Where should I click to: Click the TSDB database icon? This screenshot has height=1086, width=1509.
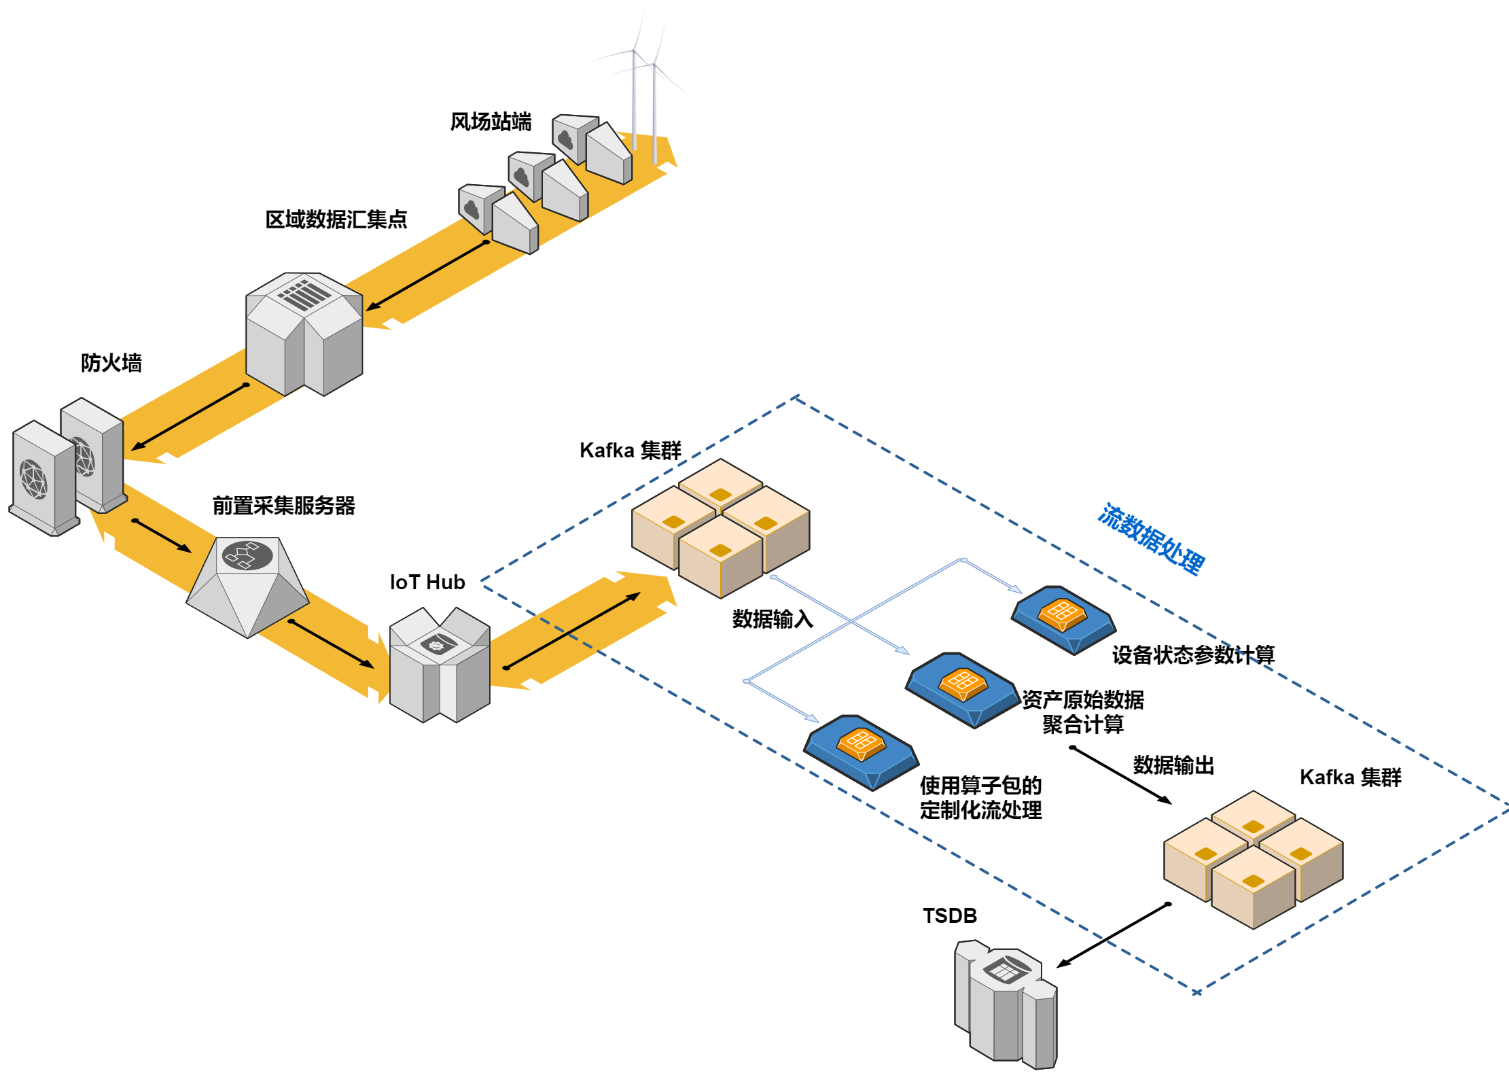click(x=1006, y=1006)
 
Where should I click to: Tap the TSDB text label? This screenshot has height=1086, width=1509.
click(x=949, y=915)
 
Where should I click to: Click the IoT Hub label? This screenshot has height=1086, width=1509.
click(x=427, y=582)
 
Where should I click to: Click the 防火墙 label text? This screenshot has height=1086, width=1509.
click(x=111, y=362)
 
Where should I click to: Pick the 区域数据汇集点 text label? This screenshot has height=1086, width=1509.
click(x=336, y=219)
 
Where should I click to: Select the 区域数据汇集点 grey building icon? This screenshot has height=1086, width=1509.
click(x=304, y=333)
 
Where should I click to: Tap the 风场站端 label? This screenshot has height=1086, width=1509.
click(x=491, y=122)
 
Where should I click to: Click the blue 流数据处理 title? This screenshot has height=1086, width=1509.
click(x=1151, y=539)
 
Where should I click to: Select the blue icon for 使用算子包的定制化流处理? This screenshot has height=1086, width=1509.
click(x=861, y=752)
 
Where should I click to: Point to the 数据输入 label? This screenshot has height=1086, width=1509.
click(x=773, y=619)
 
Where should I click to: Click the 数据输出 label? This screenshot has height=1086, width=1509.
click(x=1173, y=765)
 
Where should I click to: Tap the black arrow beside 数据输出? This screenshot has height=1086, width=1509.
click(x=1121, y=775)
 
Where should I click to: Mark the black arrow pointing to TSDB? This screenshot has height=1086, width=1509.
click(x=1112, y=935)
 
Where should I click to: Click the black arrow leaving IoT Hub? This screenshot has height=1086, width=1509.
click(x=572, y=631)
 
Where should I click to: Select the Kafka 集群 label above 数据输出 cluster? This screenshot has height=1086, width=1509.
click(x=1350, y=777)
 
